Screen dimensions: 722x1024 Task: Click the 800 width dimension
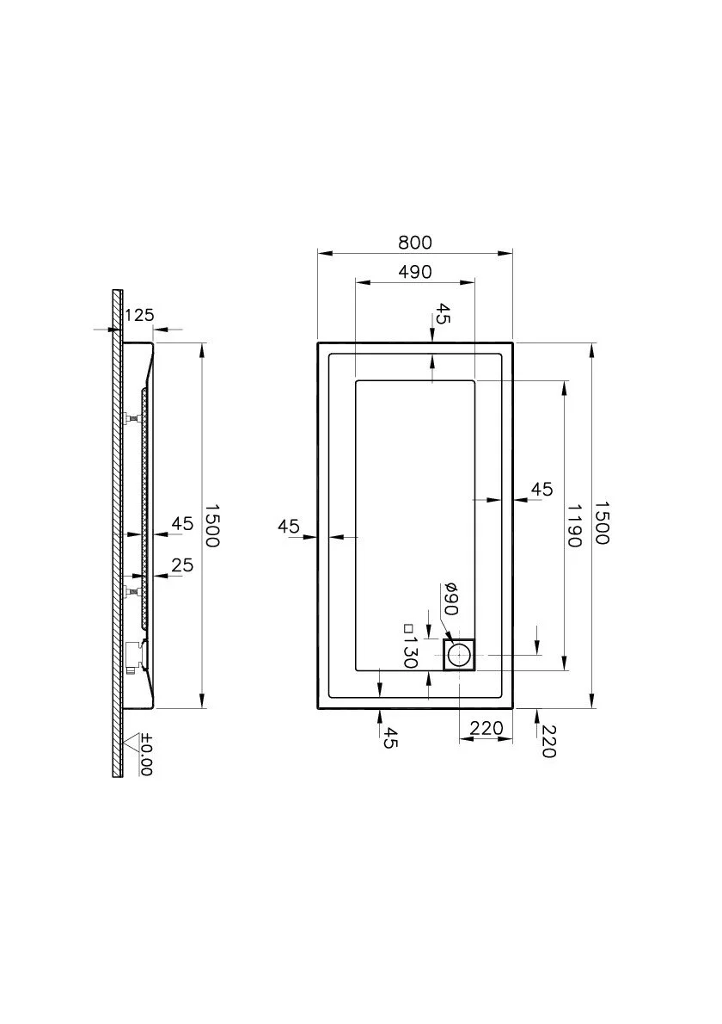(415, 243)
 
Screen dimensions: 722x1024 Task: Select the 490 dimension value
(415, 271)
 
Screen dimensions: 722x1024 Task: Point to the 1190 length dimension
(574, 525)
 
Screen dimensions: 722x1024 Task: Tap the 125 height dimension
(139, 315)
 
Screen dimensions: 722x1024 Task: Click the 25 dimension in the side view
(182, 564)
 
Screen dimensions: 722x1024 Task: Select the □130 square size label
(410, 646)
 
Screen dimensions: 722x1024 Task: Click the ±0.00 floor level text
(146, 755)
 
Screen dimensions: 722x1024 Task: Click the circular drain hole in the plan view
(460, 654)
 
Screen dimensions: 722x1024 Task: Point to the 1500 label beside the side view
(213, 525)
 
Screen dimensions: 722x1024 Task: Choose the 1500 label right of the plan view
(602, 522)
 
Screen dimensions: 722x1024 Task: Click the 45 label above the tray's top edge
(444, 313)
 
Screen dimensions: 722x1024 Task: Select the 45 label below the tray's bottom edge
(389, 738)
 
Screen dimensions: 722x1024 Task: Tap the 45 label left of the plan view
(288, 526)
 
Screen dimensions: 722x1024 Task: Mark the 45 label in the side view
(182, 523)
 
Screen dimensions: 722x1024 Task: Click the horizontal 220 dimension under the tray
(486, 727)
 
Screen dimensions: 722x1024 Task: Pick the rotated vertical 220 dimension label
(548, 742)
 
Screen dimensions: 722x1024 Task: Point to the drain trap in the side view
(136, 656)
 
